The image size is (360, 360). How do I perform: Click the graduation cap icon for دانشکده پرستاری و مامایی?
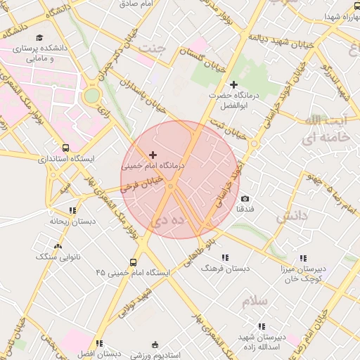40,38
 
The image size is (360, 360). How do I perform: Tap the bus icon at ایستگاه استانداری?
65,148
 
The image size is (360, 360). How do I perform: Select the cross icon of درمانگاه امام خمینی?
153,155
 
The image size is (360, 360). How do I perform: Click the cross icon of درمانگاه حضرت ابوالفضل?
234,84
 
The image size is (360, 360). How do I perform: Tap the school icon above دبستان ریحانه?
72,210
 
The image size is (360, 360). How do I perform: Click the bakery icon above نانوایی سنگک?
58,247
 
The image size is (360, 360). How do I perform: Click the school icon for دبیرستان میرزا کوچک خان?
303,258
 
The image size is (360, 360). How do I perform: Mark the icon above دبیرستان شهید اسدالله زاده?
262,327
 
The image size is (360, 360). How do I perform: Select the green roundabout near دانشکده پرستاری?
91,96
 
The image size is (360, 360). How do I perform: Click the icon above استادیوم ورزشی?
156,344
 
